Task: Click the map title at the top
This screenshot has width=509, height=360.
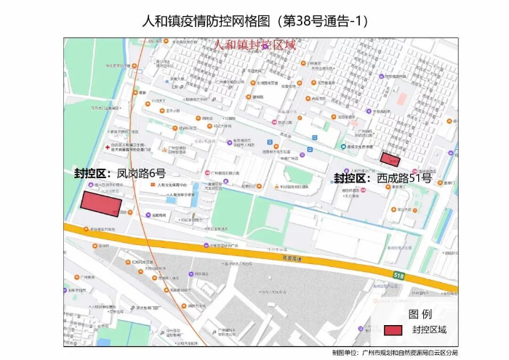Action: (x=254, y=21)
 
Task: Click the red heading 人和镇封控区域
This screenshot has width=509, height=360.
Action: (x=254, y=44)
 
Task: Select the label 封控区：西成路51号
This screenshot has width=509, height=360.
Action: (x=382, y=177)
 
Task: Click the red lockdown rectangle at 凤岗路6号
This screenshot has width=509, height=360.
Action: (x=100, y=204)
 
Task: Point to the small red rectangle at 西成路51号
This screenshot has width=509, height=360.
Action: (x=390, y=159)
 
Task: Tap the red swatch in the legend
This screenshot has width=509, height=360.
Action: (x=393, y=329)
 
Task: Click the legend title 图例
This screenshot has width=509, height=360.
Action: (x=420, y=313)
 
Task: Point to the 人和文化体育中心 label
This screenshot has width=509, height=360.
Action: (x=173, y=185)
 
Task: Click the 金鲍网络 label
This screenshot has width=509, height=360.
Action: (x=158, y=215)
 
